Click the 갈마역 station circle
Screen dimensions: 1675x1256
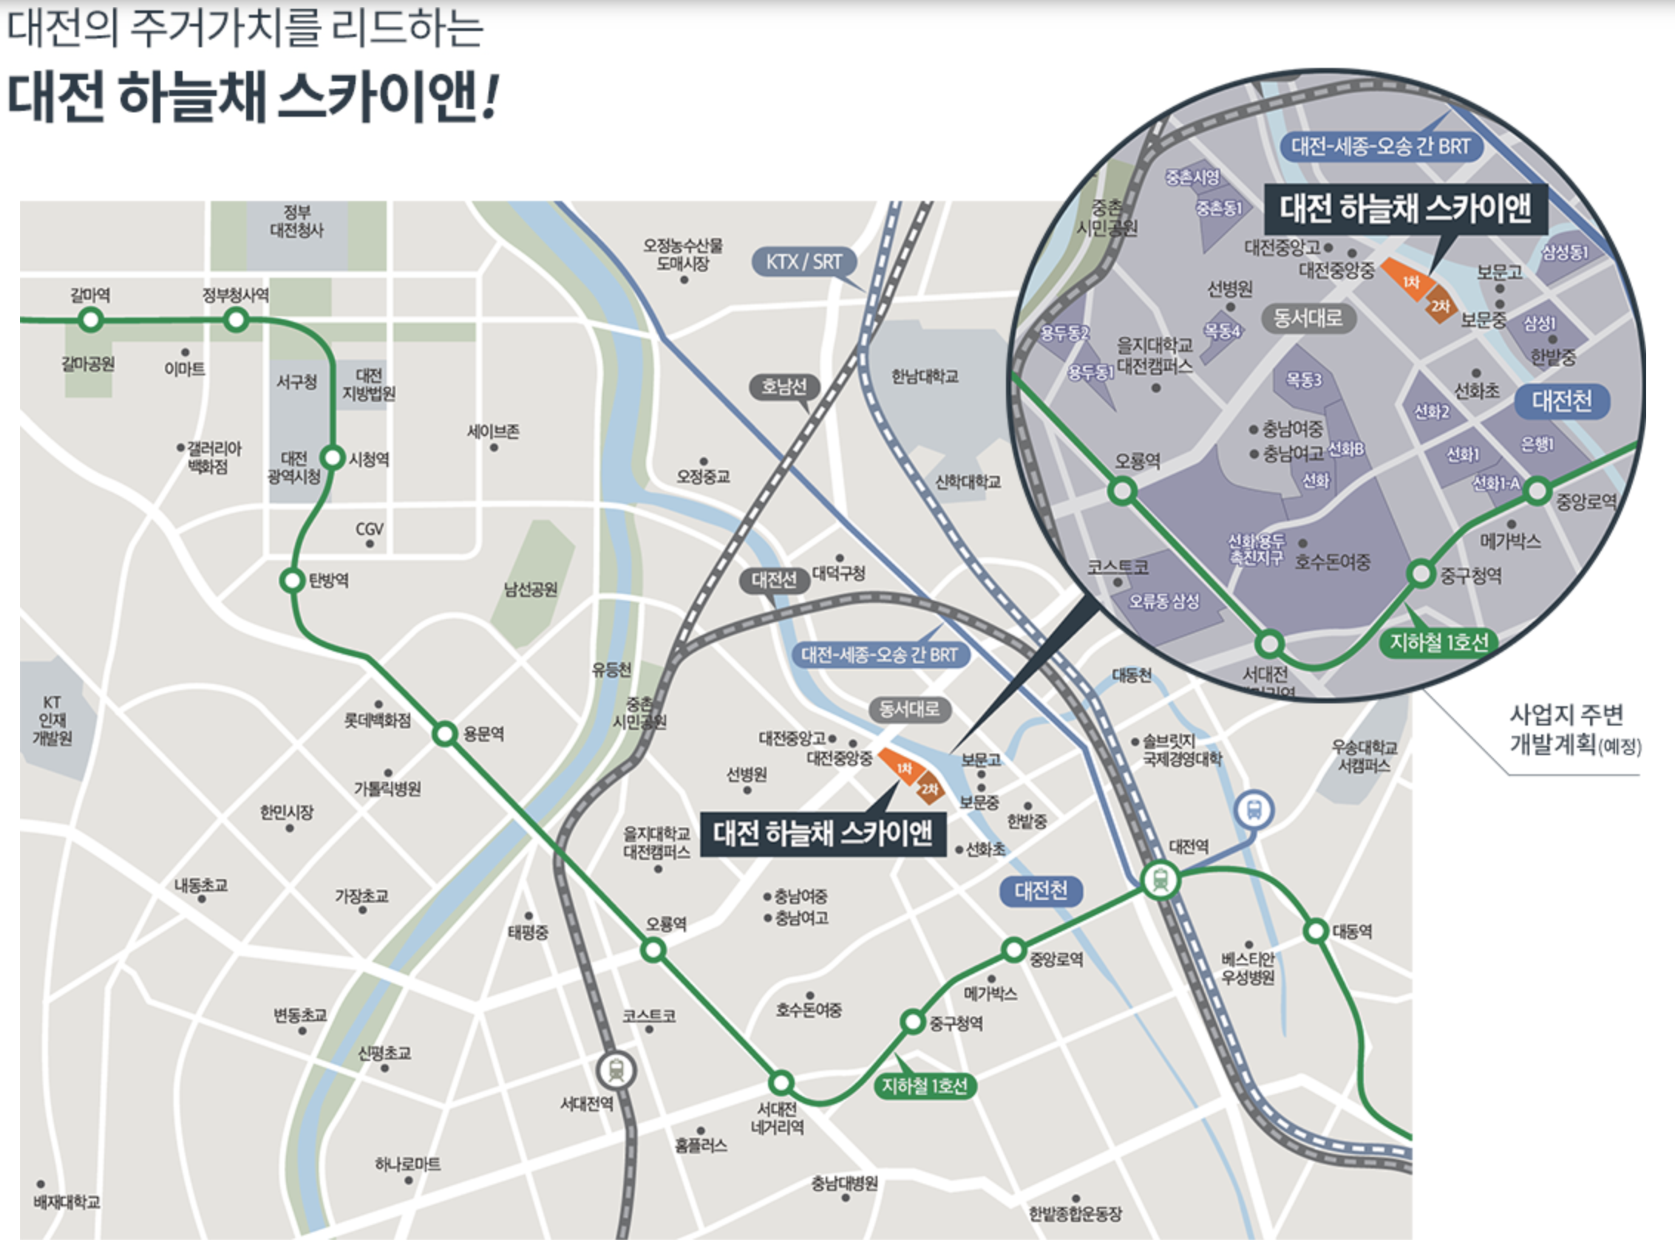coord(91,320)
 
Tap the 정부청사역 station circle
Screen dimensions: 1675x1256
coord(237,320)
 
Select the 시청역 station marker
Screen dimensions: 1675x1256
coord(333,457)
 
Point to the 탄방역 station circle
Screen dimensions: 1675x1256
coord(291,581)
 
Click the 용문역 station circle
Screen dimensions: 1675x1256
coord(445,734)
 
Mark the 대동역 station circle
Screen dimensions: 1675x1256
coord(1316,930)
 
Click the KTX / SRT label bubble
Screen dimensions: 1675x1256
coord(803,262)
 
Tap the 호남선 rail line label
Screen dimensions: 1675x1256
coord(784,387)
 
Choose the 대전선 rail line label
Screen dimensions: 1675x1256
coord(774,580)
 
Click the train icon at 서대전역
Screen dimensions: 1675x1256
coord(616,1071)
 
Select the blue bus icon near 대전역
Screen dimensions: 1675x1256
coord(1254,810)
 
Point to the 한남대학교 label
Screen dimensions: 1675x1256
coord(925,376)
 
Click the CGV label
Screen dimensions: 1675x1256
coord(370,529)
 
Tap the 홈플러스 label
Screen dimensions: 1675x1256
coord(701,1145)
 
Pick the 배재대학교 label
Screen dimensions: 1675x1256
coord(67,1201)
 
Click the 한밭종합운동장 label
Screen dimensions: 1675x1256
coord(1076,1214)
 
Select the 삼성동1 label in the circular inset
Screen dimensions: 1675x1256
coord(1565,252)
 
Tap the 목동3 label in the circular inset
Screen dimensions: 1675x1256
coord(1303,379)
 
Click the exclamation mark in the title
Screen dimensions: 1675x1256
coord(491,98)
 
